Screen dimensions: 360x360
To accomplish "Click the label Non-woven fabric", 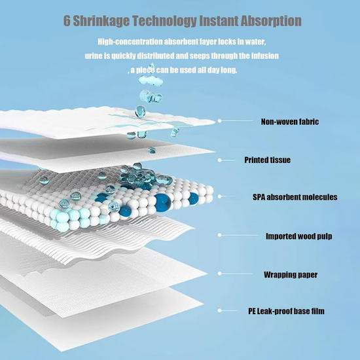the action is [x=290, y=122].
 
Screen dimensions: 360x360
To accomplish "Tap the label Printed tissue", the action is [x=267, y=160].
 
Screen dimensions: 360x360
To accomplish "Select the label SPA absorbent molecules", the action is [x=295, y=197].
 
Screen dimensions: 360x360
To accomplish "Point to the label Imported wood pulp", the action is [x=298, y=236].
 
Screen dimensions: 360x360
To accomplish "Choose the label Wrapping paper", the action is [x=291, y=275].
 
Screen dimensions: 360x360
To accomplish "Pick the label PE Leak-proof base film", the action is [x=286, y=311].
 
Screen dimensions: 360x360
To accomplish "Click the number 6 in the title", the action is [x=67, y=21].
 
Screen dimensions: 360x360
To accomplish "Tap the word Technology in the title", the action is [x=164, y=21].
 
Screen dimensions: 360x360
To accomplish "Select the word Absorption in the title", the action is [x=271, y=21].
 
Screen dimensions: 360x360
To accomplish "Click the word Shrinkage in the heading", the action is [x=101, y=21].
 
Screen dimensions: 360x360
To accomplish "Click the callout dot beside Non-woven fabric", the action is [x=219, y=121].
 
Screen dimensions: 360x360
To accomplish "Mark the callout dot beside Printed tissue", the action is [x=219, y=160].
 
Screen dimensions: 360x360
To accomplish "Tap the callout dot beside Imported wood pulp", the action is [x=219, y=235].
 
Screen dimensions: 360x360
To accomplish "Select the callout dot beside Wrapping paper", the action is [x=219, y=274].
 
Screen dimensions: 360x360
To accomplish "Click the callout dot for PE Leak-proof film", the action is [x=219, y=310].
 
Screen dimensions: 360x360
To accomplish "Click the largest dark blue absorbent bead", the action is [x=162, y=202].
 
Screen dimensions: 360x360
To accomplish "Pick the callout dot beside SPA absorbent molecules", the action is [x=219, y=196].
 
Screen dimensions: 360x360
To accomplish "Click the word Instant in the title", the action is [x=219, y=21].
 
